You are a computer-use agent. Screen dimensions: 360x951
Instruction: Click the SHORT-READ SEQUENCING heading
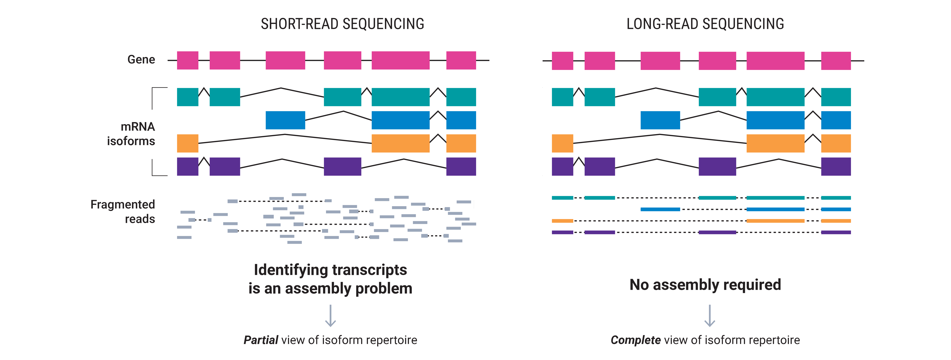(342, 24)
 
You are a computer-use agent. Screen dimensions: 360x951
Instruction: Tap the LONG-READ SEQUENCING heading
(705, 24)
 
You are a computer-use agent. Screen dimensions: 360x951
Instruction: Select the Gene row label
(141, 60)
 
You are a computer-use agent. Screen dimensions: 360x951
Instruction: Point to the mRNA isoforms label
(131, 134)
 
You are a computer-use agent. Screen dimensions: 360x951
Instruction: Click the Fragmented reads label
(122, 212)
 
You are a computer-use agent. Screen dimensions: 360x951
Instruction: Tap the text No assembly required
(705, 285)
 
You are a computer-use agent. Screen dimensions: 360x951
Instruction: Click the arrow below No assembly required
(710, 316)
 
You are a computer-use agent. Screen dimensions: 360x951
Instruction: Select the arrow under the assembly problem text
(330, 316)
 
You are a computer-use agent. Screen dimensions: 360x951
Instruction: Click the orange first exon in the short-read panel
(188, 143)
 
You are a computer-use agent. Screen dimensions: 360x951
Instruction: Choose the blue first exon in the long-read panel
(660, 120)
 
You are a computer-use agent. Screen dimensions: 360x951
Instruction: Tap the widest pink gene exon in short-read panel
(401, 60)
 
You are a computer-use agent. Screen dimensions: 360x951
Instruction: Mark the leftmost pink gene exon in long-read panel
(562, 61)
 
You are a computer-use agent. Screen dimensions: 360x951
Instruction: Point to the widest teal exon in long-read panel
(775, 97)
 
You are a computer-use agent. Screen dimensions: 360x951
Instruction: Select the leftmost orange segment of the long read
(562, 221)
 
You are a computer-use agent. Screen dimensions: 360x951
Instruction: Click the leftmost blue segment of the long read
(660, 209)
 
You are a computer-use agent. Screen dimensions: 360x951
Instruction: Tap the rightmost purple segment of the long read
(836, 232)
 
